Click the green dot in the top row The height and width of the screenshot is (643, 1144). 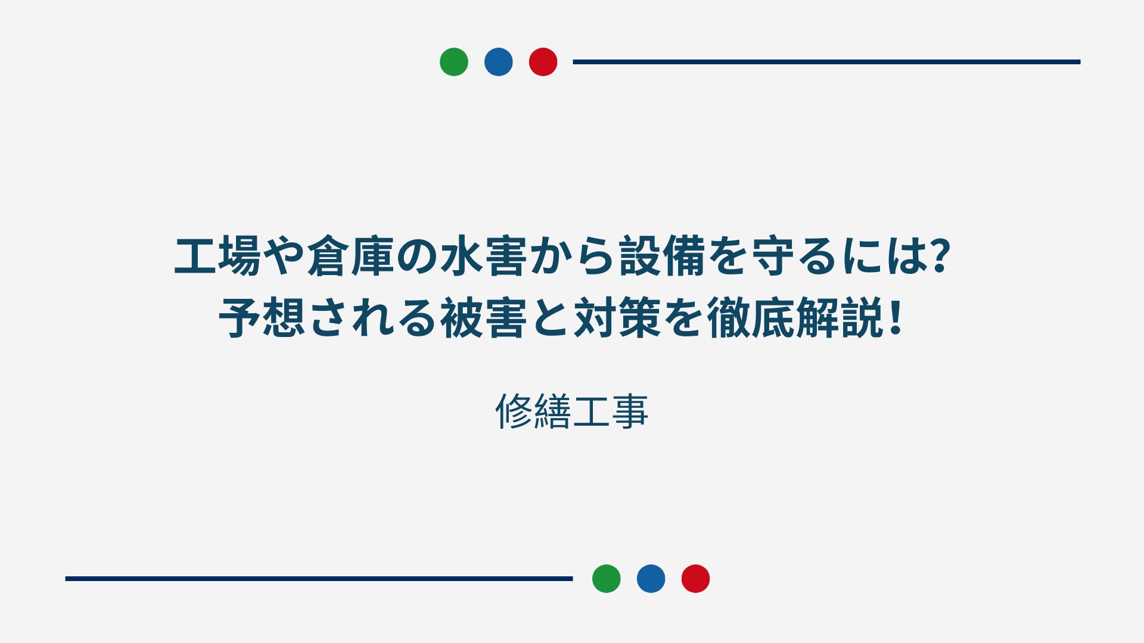coord(454,62)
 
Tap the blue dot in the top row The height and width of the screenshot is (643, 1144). coord(499,62)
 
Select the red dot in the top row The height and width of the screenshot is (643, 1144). coord(543,62)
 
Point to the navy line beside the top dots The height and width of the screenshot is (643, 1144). coord(826,62)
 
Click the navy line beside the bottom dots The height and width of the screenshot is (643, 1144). coord(319,579)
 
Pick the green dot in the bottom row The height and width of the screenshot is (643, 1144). coord(607,579)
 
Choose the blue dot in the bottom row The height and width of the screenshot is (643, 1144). coord(651,579)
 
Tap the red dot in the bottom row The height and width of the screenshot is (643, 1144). coord(696,579)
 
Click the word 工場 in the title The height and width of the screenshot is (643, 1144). coord(217,257)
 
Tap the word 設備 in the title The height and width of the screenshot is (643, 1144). coord(662,257)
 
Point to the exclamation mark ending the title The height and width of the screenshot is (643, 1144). coord(894,319)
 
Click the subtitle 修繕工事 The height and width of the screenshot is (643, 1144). coord(572,411)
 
